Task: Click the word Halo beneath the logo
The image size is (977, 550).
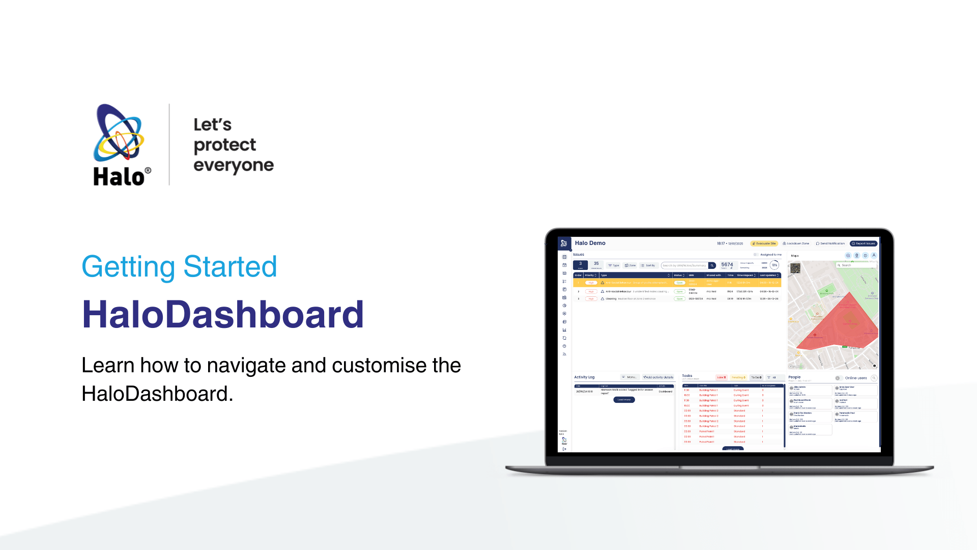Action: [x=119, y=177]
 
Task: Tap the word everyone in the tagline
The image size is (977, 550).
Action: [x=234, y=166]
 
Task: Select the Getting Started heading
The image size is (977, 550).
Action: [x=179, y=266]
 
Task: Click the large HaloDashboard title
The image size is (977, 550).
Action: [x=223, y=314]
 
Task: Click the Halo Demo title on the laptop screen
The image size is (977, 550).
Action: [x=590, y=243]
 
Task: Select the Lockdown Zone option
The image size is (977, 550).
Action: [x=796, y=243]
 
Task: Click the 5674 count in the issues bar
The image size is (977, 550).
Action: [x=727, y=264]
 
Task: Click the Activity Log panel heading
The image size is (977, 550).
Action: [x=584, y=377]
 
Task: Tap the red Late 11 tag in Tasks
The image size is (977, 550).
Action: [x=721, y=377]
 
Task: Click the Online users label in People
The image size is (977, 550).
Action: [x=855, y=378]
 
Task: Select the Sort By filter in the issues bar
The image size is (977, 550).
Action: [x=648, y=265]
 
